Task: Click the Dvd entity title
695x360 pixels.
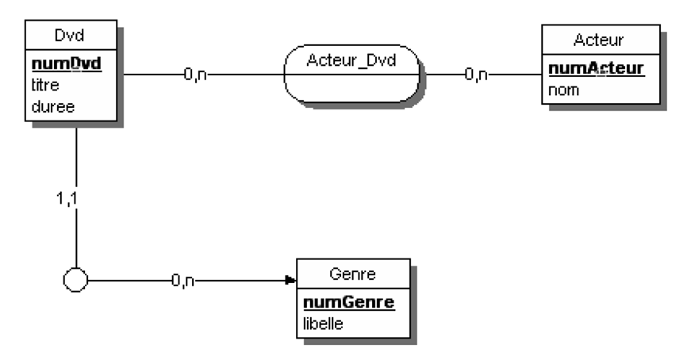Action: tap(71, 35)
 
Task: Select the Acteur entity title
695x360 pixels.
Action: tap(601, 40)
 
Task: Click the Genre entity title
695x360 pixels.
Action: tap(353, 274)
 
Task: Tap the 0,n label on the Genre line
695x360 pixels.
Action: tap(183, 280)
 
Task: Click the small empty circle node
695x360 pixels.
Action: tap(75, 280)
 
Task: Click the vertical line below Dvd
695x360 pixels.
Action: tap(75, 159)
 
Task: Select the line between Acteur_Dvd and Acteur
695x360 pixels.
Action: tap(516, 75)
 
